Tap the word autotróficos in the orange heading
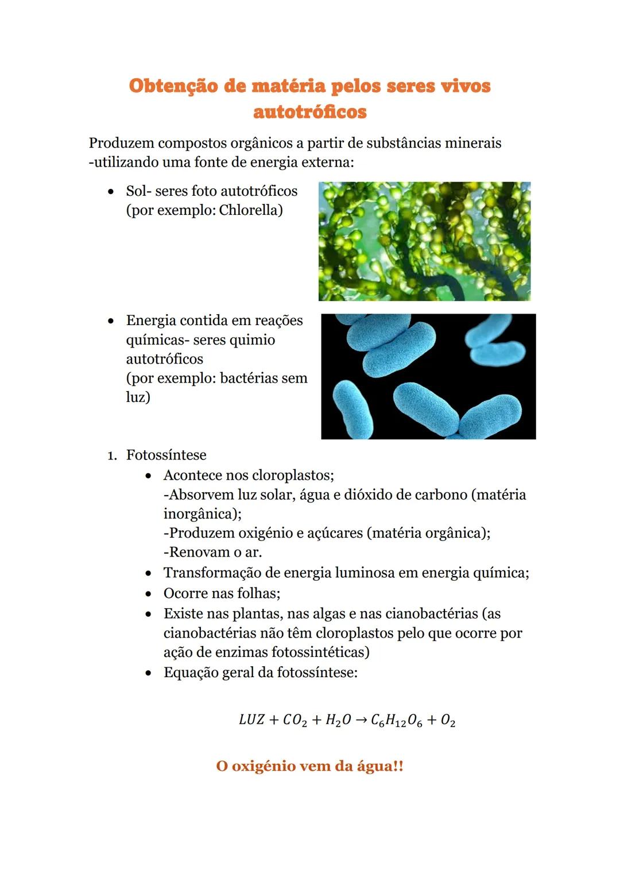tap(309, 111)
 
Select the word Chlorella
tap(251, 210)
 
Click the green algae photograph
tap(424, 241)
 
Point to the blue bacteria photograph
tap(428, 376)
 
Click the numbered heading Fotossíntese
tap(166, 455)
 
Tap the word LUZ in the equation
tap(251, 720)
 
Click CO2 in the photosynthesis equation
tap(295, 720)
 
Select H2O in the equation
tap(338, 720)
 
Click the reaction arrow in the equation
tap(361, 720)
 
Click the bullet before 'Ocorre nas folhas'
tap(149, 594)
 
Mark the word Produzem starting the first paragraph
tap(121, 143)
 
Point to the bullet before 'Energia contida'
tap(111, 321)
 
